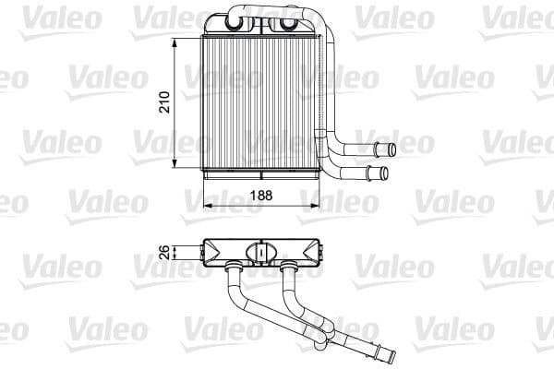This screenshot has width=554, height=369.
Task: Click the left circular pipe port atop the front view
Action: (x=233, y=26)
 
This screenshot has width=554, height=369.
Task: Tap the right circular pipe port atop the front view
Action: (x=297, y=26)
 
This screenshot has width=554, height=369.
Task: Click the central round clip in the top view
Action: (x=261, y=252)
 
